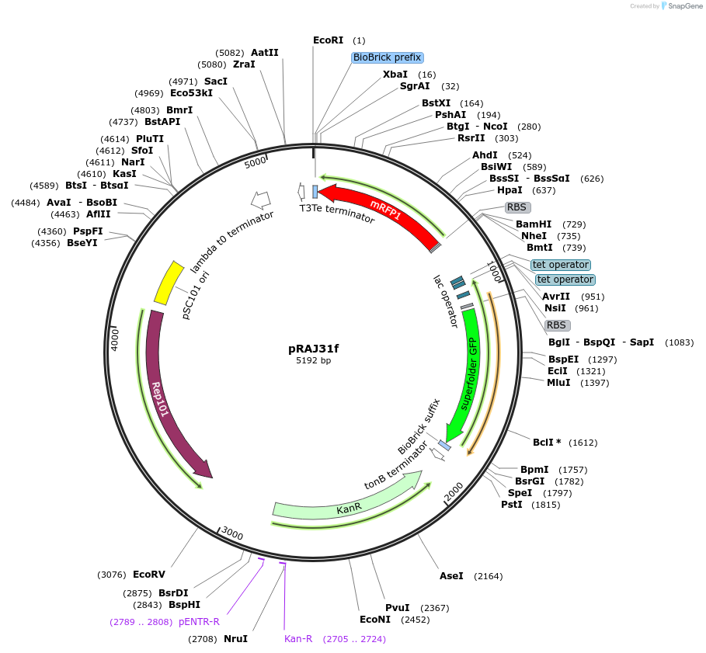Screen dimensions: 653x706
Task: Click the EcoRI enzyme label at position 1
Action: point(328,40)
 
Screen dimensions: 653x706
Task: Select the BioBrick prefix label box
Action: point(388,57)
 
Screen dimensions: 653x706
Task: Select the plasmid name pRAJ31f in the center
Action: point(314,349)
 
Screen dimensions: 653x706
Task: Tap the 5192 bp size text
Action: point(314,361)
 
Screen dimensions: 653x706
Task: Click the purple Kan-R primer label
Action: point(298,639)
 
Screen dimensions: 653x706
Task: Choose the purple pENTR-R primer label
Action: point(199,622)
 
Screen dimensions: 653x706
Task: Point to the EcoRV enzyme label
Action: point(149,575)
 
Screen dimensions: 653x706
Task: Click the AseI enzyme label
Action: point(451,576)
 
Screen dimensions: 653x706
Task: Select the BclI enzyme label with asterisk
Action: point(546,443)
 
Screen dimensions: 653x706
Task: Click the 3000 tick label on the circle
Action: point(232,534)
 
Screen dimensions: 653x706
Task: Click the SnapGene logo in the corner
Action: point(680,6)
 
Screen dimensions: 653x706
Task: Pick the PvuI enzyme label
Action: point(397,608)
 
